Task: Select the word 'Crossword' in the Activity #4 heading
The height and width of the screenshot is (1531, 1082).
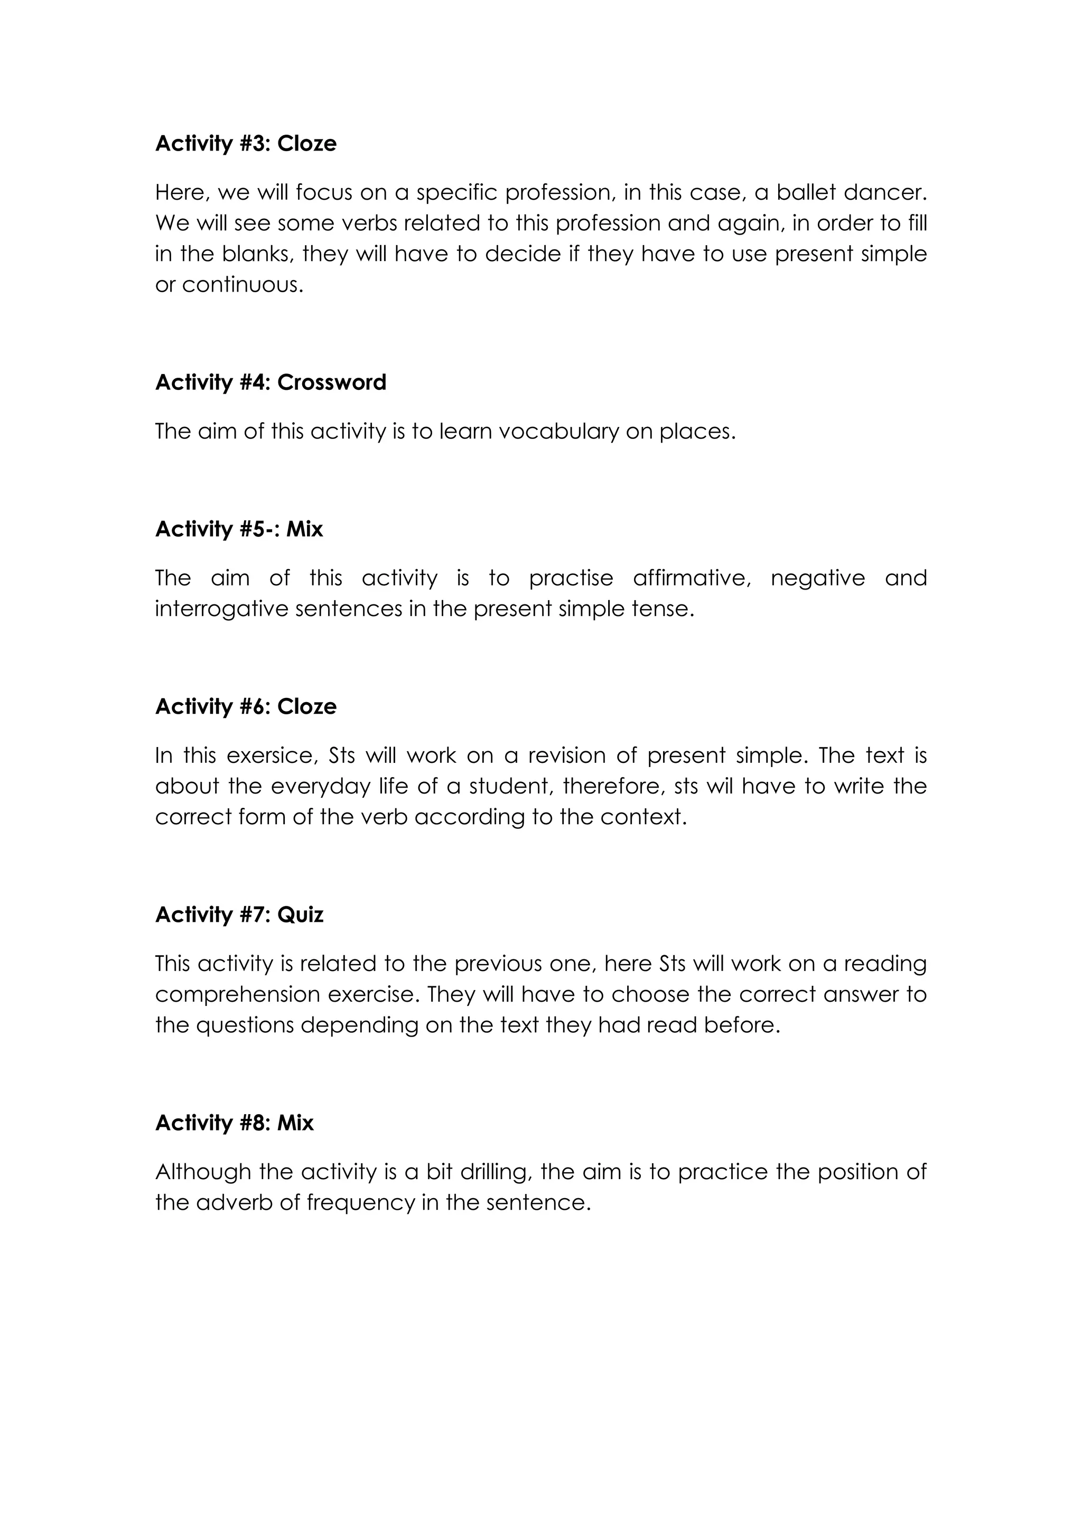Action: tap(331, 382)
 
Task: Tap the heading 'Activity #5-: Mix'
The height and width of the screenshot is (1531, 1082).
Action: tap(239, 529)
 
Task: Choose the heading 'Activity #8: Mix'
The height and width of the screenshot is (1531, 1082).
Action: tap(234, 1123)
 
